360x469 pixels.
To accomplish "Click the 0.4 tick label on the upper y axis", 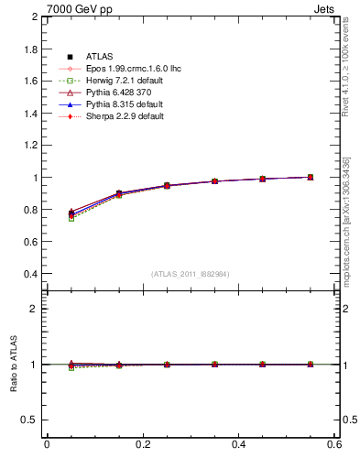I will tap(29, 274).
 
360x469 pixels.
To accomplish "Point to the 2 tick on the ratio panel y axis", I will tap(35, 309).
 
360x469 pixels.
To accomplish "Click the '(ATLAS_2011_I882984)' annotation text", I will tap(191, 274).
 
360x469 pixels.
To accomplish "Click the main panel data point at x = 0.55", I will tap(311, 177).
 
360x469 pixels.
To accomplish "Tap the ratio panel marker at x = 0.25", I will tap(167, 365).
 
